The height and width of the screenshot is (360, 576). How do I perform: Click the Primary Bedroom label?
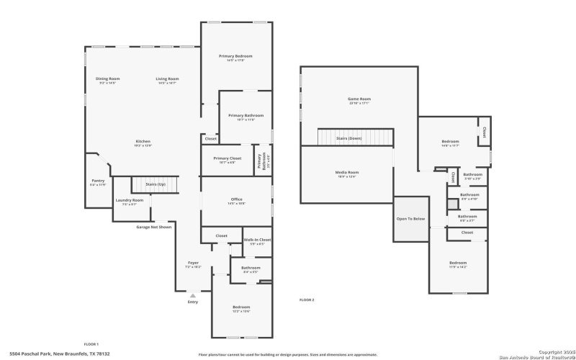pos(235,56)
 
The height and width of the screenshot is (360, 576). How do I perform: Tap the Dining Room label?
pos(107,78)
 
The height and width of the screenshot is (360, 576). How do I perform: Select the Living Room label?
pos(167,78)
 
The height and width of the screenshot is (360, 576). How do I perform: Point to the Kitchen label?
pos(143,141)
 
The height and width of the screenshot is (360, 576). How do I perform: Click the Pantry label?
pos(98,181)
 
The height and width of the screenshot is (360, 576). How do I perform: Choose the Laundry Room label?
pos(130,200)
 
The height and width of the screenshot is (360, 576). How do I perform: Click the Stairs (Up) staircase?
pos(155,185)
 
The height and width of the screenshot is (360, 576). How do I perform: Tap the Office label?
pos(236,199)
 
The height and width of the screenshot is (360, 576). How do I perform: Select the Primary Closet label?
pos(227,158)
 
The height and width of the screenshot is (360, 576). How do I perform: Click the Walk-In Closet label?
pos(257,240)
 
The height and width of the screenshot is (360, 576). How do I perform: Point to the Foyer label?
pos(193,263)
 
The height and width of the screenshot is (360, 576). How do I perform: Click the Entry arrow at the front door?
pos(192,294)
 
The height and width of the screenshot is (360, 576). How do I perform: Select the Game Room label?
pos(359,99)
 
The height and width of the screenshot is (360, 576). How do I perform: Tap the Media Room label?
pos(347,172)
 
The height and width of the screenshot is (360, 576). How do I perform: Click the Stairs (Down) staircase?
pos(356,137)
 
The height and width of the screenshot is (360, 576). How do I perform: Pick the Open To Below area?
pos(410,219)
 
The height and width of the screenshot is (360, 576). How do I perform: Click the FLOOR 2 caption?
pos(307,300)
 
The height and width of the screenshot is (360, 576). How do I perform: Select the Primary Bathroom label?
pos(246,116)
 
